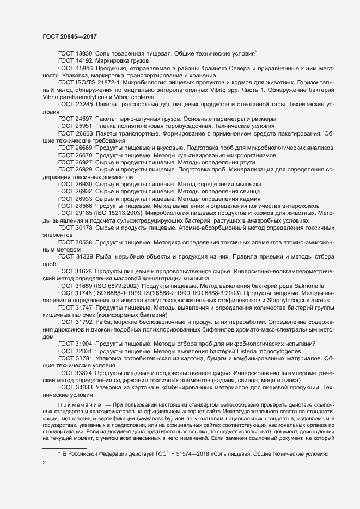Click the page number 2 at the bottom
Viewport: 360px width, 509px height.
tap(44, 463)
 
